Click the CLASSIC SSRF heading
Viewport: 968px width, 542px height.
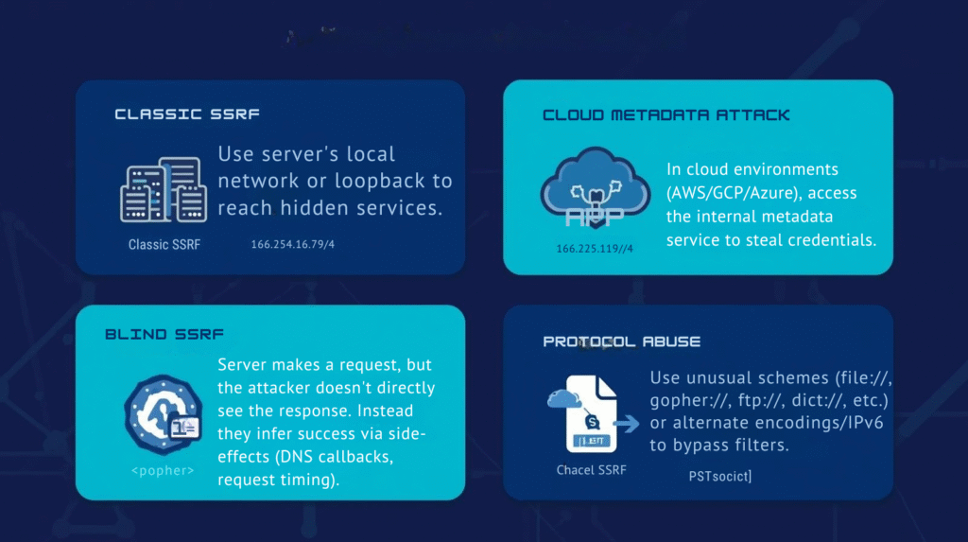pyautogui.click(x=187, y=114)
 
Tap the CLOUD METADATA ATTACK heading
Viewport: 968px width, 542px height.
pyautogui.click(x=666, y=115)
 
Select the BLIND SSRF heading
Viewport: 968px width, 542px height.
pyautogui.click(x=164, y=335)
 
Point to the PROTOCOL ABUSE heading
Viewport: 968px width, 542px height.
pyautogui.click(x=621, y=341)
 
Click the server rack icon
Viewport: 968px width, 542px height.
pyautogui.click(x=164, y=190)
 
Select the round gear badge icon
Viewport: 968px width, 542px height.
pyautogui.click(x=164, y=411)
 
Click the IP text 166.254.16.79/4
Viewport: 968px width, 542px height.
pyautogui.click(x=292, y=245)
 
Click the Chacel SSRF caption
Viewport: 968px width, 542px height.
pyautogui.click(x=591, y=469)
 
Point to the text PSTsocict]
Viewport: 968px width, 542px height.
pyautogui.click(x=720, y=477)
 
